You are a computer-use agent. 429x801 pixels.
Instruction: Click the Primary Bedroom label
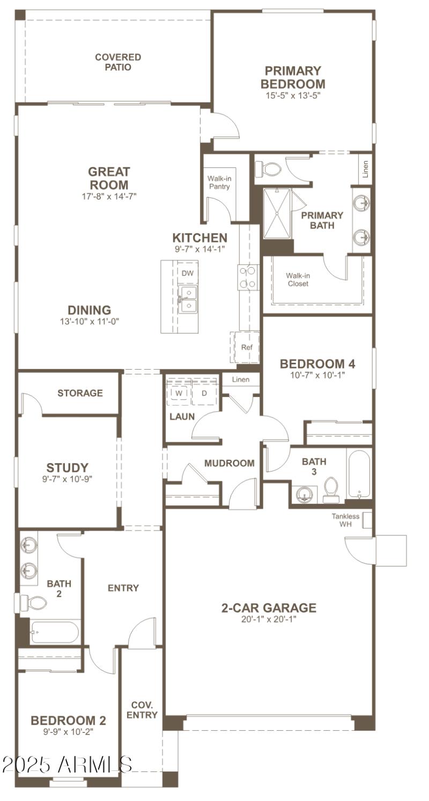click(292, 77)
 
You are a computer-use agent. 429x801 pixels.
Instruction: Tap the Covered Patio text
click(118, 62)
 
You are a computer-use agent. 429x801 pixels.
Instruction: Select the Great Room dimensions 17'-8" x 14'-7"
click(109, 196)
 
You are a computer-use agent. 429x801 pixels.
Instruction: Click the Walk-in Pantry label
click(219, 183)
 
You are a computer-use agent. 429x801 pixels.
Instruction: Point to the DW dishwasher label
click(187, 273)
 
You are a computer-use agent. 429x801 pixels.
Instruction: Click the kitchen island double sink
click(188, 299)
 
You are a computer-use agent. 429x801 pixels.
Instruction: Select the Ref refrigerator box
click(246, 347)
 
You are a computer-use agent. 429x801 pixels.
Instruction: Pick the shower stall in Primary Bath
click(277, 213)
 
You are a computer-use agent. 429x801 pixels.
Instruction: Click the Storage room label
click(80, 393)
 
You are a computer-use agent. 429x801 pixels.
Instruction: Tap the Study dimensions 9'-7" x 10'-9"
click(67, 479)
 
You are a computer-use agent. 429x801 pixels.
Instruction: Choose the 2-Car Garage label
click(269, 608)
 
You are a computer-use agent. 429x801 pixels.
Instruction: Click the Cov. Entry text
click(142, 710)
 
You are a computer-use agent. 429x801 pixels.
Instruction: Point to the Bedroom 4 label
click(317, 364)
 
